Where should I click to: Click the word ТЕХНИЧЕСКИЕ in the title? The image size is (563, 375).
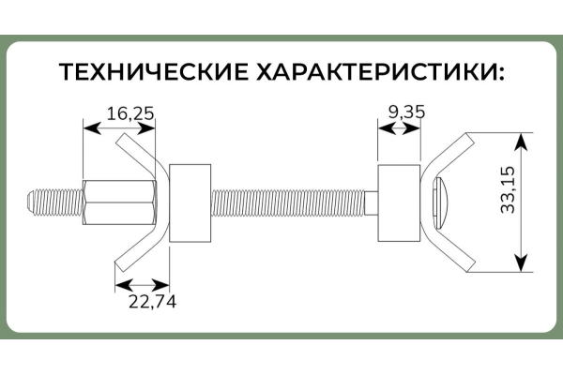pos(156,72)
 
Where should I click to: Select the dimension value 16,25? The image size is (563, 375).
pos(129,112)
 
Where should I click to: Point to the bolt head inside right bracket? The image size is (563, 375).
pos(442,202)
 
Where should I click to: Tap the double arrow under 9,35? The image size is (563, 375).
pos(398,130)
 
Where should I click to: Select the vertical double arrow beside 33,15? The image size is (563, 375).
pos(522,203)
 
